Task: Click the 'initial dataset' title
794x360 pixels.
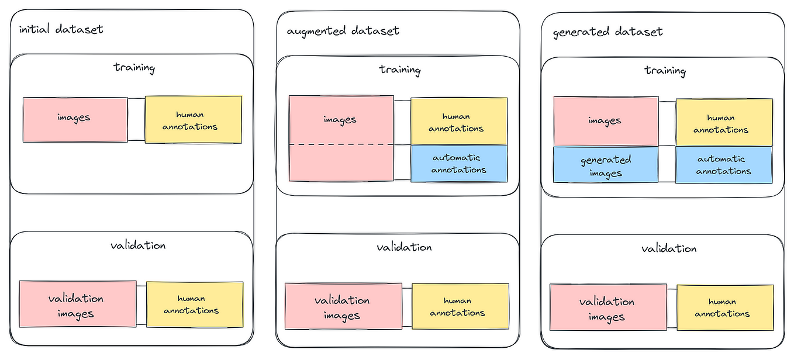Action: (x=61, y=29)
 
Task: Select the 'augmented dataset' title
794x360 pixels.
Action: (x=343, y=30)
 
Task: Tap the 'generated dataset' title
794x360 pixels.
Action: (x=607, y=32)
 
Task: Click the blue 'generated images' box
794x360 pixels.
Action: (x=606, y=165)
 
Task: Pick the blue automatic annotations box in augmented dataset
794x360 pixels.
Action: (x=459, y=164)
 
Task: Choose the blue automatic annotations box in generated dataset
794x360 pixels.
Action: (x=724, y=165)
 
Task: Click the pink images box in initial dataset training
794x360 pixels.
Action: (x=75, y=119)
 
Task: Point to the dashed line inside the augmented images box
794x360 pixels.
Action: (x=341, y=144)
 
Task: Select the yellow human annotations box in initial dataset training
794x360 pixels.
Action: (x=193, y=120)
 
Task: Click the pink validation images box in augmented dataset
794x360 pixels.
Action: (x=343, y=307)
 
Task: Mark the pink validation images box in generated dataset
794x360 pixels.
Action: (x=608, y=309)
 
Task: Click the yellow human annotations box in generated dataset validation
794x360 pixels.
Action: (x=725, y=308)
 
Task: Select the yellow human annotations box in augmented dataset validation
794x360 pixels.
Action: (x=460, y=307)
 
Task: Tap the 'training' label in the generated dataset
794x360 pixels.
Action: (x=665, y=71)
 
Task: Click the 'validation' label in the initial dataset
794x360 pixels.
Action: (x=138, y=245)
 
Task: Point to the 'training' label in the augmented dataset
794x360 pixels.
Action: (x=400, y=70)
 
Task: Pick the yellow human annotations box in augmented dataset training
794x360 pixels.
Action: (x=459, y=122)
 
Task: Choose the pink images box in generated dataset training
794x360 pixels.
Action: (x=606, y=121)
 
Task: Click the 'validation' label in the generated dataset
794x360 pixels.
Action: (x=669, y=248)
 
